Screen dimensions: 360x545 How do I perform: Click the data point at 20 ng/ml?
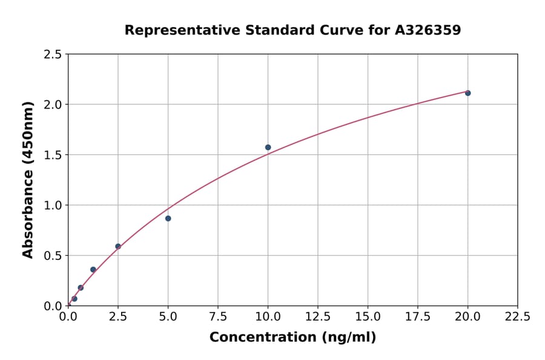pos(467,93)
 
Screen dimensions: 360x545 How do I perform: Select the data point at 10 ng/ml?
pos(268,147)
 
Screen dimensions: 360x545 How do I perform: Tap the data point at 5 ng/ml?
pos(168,218)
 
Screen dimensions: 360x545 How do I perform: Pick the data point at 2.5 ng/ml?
pos(118,247)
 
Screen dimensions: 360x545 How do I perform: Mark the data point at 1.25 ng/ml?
pos(93,270)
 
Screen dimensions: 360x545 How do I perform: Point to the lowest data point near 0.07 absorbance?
pos(74,299)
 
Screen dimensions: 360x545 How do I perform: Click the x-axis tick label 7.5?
pos(218,317)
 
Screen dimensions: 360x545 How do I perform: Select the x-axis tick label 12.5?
pos(318,317)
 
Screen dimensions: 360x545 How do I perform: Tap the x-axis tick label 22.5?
pos(518,317)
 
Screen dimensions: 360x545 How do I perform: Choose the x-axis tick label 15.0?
pos(368,317)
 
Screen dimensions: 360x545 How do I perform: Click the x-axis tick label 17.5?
pos(418,317)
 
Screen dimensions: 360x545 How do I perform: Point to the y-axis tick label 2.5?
pos(52,55)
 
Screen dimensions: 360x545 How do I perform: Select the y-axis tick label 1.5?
pos(52,155)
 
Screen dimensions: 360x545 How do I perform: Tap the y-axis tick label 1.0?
pos(52,205)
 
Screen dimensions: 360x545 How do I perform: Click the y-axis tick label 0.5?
pos(52,256)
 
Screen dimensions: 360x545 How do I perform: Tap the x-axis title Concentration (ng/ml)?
pos(292,338)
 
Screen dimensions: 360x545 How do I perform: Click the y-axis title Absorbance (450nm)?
pos(28,179)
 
